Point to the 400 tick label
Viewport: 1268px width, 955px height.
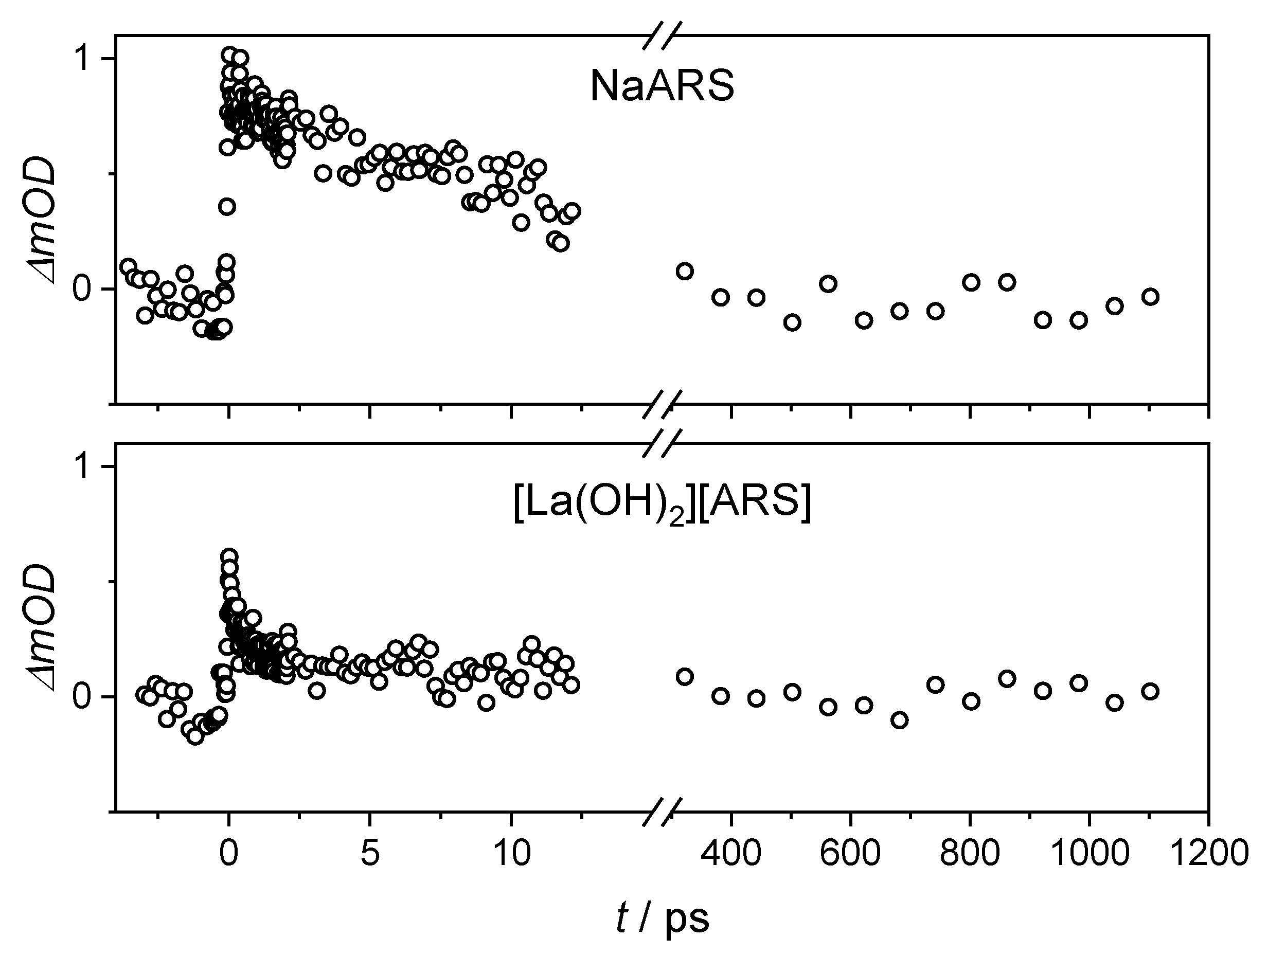point(731,853)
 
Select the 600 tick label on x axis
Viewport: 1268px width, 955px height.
point(850,853)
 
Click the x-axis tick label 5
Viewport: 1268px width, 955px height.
point(370,853)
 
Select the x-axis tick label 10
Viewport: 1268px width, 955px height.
point(511,853)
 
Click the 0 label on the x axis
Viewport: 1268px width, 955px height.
point(229,853)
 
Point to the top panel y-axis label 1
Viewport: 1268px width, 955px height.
point(85,59)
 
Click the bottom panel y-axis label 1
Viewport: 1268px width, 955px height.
point(85,467)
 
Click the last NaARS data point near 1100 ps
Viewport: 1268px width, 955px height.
point(1150,297)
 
